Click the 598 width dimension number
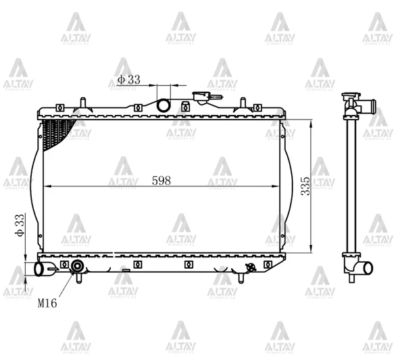(161, 180)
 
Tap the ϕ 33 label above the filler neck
(128, 80)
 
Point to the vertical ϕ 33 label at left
(20, 225)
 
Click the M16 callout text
(47, 303)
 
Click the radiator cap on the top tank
(202, 97)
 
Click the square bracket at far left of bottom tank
(64, 263)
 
